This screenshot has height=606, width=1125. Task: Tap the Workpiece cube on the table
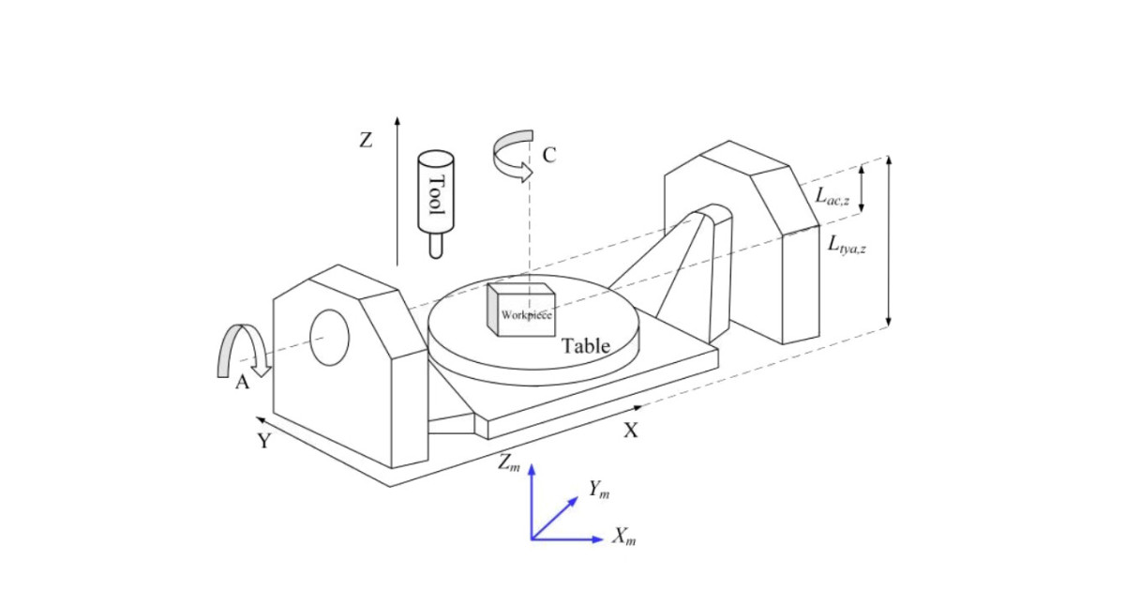pos(520,309)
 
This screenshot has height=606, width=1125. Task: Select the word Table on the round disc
pos(586,346)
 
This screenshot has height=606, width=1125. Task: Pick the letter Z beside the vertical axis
pos(366,141)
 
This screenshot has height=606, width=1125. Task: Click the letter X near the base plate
pos(631,431)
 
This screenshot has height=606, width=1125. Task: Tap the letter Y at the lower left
pos(264,440)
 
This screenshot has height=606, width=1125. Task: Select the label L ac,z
pos(832,197)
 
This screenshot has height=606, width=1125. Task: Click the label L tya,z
pos(847,246)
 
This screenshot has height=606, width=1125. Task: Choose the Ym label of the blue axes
pos(599,489)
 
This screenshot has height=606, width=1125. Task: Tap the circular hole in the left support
pos(329,338)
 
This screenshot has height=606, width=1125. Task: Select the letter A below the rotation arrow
pos(242,383)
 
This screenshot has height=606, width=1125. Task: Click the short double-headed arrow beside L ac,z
pos(862,185)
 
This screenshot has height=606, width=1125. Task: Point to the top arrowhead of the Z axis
pos(397,122)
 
